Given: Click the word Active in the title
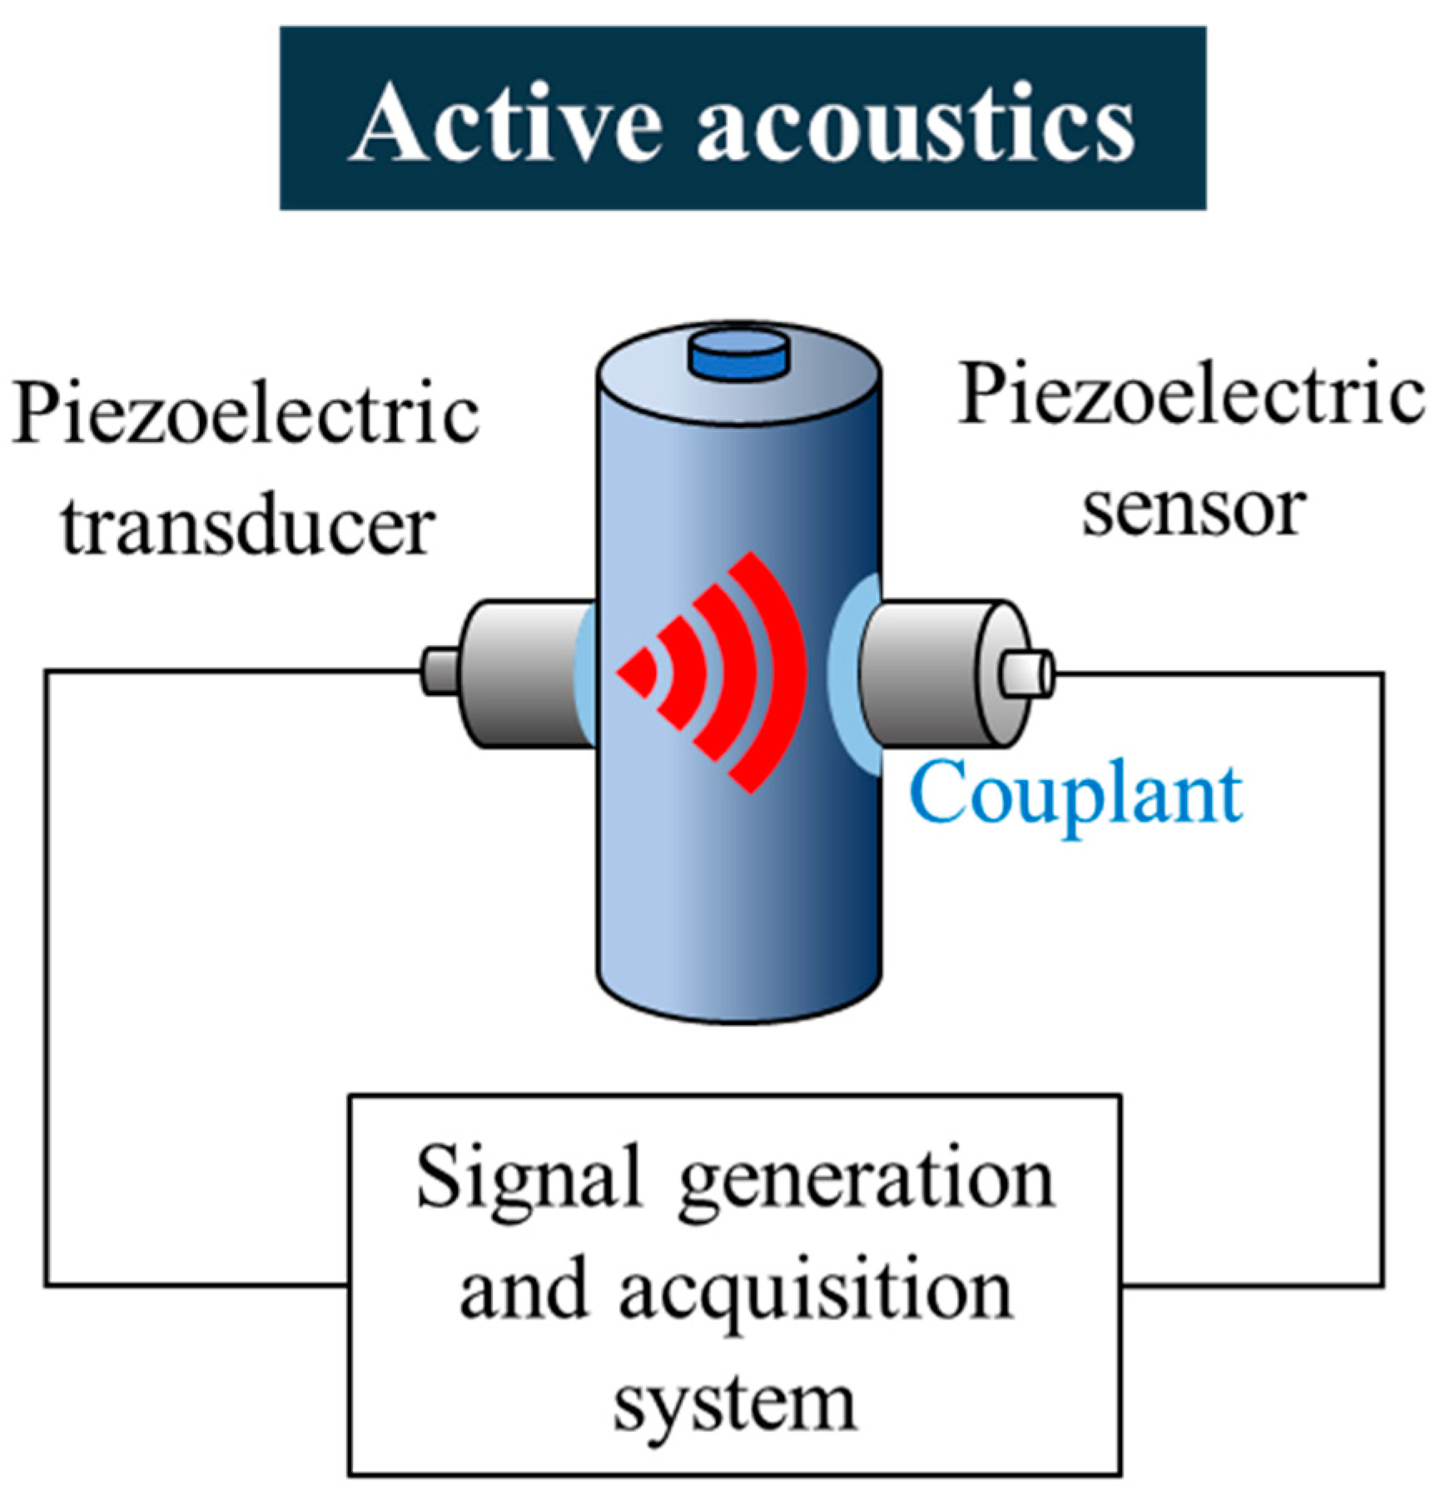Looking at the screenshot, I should [508, 123].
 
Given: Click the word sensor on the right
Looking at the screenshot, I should [1192, 509].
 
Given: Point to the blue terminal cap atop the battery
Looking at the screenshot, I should [737, 354].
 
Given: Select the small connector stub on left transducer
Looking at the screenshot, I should [439, 672].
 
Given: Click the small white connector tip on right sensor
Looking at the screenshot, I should [1026, 673].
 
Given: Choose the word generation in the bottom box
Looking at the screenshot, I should [866, 1182].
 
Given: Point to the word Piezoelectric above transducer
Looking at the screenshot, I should [246, 414].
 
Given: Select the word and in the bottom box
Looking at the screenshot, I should [522, 1290].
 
